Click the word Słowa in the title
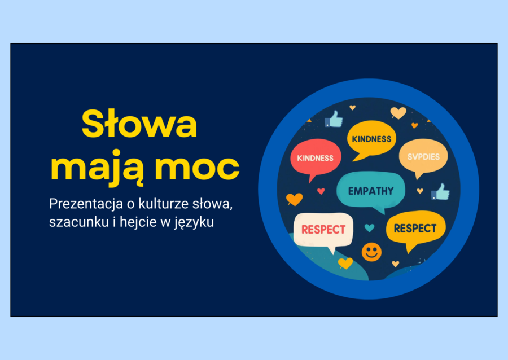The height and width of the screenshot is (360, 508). (x=139, y=125)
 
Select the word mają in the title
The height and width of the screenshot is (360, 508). (x=98, y=168)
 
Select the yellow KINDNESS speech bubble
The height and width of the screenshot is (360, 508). (x=371, y=139)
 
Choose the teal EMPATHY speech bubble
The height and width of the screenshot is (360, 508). (x=371, y=191)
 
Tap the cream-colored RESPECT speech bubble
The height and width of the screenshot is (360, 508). (x=323, y=230)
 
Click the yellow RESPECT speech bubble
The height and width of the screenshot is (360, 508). (x=415, y=228)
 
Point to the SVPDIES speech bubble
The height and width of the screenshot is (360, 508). (x=423, y=156)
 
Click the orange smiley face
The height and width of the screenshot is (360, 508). (x=371, y=252)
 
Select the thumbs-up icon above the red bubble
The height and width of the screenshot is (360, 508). (x=334, y=119)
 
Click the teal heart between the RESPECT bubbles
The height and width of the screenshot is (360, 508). (x=369, y=228)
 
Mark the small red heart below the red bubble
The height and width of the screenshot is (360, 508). (x=321, y=191)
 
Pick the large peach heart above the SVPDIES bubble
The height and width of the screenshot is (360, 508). (x=398, y=113)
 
